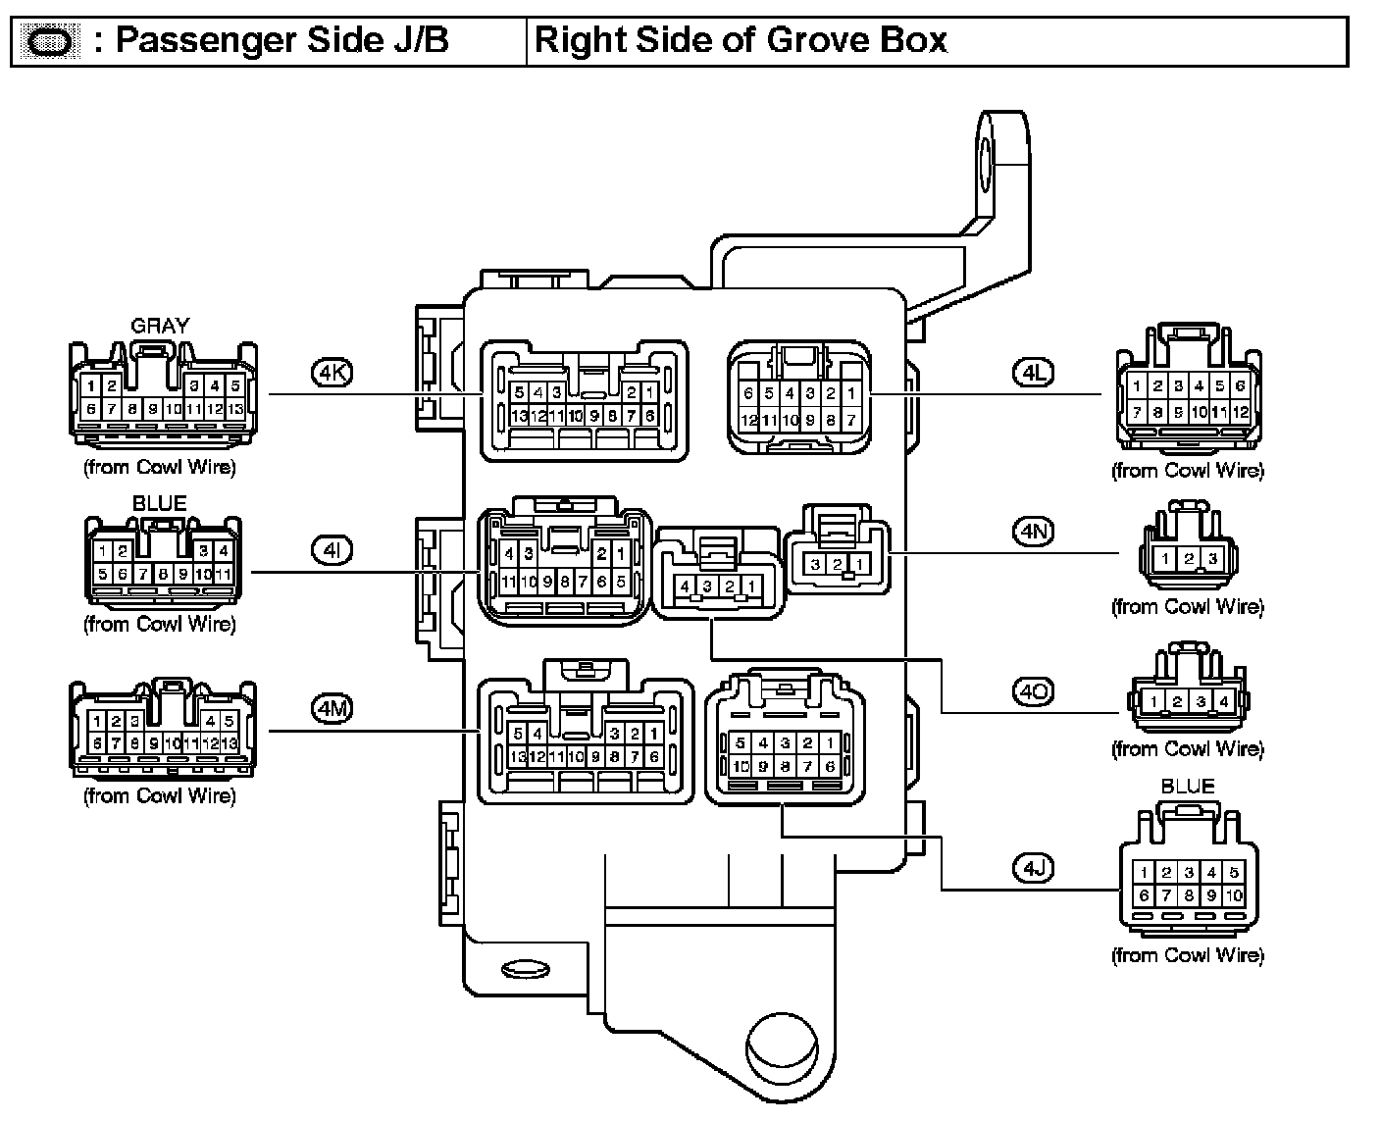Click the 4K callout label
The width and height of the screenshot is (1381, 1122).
(x=331, y=373)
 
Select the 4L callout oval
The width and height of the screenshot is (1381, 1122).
(x=1033, y=373)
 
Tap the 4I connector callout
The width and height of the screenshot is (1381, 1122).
(x=331, y=550)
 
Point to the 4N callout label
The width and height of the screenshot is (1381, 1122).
(x=1033, y=532)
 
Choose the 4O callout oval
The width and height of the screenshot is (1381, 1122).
(x=1033, y=692)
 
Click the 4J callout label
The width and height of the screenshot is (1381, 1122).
(x=1033, y=868)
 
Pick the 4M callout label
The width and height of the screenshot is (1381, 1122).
(x=331, y=707)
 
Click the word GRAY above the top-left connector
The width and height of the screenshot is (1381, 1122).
(x=159, y=326)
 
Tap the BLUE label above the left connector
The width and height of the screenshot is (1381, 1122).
(x=159, y=503)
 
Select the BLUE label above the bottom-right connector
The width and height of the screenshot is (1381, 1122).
(x=1187, y=787)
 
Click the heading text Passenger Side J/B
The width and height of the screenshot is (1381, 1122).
(x=282, y=41)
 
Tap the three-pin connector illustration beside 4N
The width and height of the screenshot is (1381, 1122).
(x=1187, y=551)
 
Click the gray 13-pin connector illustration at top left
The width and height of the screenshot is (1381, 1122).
(x=162, y=392)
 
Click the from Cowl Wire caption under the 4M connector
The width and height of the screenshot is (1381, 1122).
(x=159, y=795)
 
